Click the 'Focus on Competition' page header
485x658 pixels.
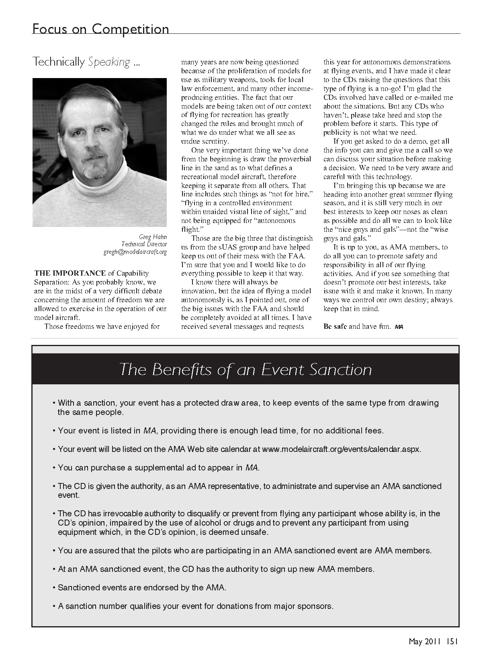pos(100,29)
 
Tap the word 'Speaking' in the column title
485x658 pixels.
pos(109,62)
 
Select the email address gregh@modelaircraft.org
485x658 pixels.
pos(135,252)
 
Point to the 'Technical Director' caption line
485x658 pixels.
pos(144,244)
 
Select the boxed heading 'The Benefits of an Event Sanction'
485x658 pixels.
pos(246,369)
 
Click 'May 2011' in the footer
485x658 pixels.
pos(424,641)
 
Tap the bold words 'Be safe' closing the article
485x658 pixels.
pos(335,326)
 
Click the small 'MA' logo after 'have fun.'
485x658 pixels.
pos(399,327)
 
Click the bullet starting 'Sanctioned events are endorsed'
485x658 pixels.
pos(142,588)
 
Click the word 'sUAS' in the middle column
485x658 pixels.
pos(225,247)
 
